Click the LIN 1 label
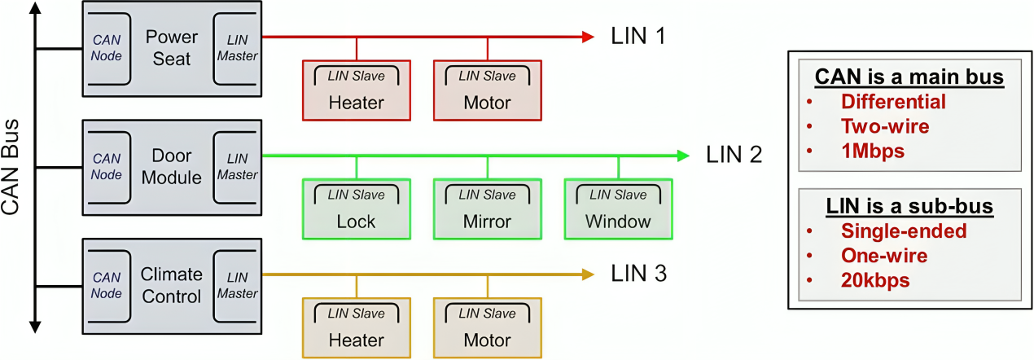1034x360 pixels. click(638, 37)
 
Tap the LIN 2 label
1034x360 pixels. click(734, 154)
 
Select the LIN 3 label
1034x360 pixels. click(639, 274)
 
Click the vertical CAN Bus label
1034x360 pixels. click(11, 167)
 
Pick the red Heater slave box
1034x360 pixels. click(356, 90)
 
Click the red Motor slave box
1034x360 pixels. click(487, 90)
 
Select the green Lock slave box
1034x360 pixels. click(356, 209)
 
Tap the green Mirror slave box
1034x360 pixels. click(487, 209)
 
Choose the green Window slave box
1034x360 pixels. click(618, 209)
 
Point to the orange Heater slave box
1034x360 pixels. click(356, 327)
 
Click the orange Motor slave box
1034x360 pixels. click(487, 327)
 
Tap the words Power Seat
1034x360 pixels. click(172, 48)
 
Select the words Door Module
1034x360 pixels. click(172, 166)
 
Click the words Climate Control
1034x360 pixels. click(172, 286)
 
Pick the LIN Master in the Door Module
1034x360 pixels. click(237, 166)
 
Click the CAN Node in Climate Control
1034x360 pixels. click(107, 286)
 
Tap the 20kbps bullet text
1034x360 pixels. click(875, 280)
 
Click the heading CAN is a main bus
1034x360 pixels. click(909, 77)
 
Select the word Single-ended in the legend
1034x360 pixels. click(904, 230)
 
